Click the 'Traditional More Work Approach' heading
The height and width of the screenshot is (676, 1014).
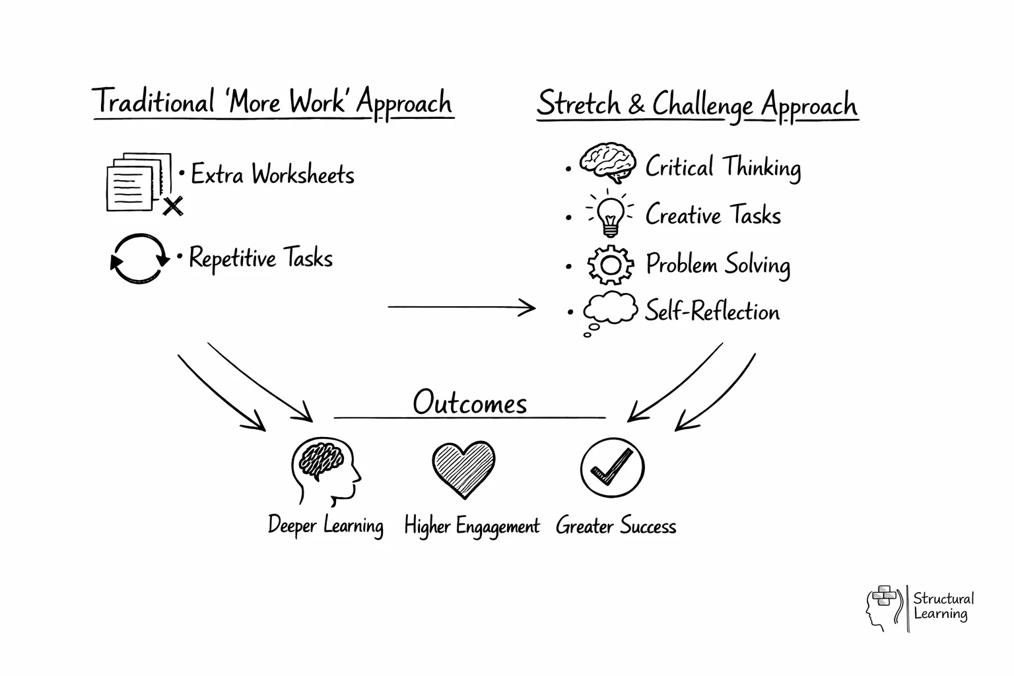point(273,103)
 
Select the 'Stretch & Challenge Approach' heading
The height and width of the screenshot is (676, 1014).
point(697,105)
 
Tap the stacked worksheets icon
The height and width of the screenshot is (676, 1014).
point(135,182)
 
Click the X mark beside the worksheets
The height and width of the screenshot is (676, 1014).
point(173,206)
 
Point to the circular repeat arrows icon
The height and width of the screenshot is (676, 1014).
point(139,259)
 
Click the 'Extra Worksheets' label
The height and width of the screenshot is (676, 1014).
point(272,175)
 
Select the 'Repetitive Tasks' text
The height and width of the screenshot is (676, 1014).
point(261,258)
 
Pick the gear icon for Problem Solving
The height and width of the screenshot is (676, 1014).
point(610,265)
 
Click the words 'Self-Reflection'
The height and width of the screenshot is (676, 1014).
point(712,311)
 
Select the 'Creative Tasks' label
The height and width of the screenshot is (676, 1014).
point(713,215)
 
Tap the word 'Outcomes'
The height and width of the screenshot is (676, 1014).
point(469,403)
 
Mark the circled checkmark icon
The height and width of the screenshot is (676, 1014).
point(612,467)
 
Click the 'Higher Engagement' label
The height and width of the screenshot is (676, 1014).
point(471,526)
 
